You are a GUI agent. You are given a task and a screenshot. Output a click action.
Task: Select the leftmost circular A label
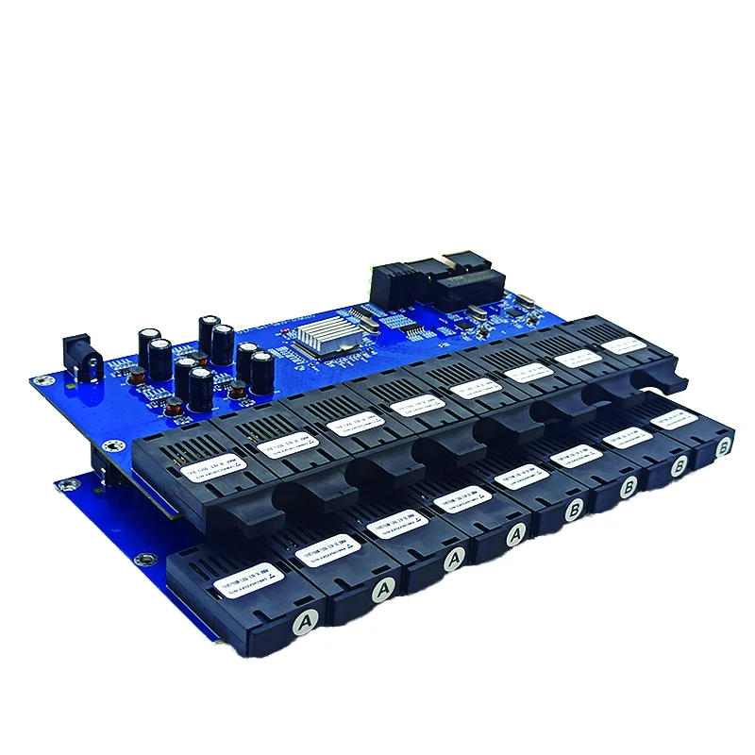pos(304,621)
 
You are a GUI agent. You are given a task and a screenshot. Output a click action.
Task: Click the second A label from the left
pos(381,590)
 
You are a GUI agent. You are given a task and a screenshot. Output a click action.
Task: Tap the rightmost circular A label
pos(515,535)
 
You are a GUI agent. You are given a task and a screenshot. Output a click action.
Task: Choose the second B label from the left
pos(629,490)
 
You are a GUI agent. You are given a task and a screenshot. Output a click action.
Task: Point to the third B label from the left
pos(678,466)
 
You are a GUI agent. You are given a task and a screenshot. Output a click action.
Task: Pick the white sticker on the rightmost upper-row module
pos(626,346)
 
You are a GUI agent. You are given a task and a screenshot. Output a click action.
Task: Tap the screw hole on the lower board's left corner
pos(65,486)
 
